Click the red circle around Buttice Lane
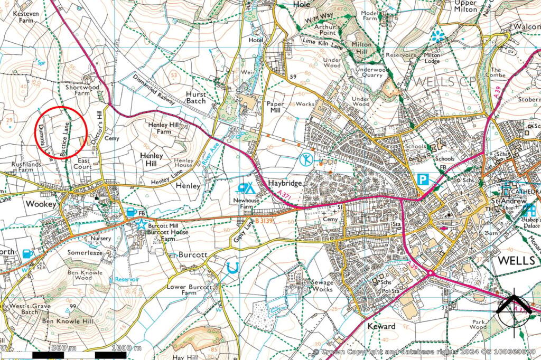point(61,132)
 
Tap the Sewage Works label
point(322,286)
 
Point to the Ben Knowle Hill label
point(68,321)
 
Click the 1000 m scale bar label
point(127,348)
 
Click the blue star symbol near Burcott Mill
point(141,224)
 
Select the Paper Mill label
point(276,108)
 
